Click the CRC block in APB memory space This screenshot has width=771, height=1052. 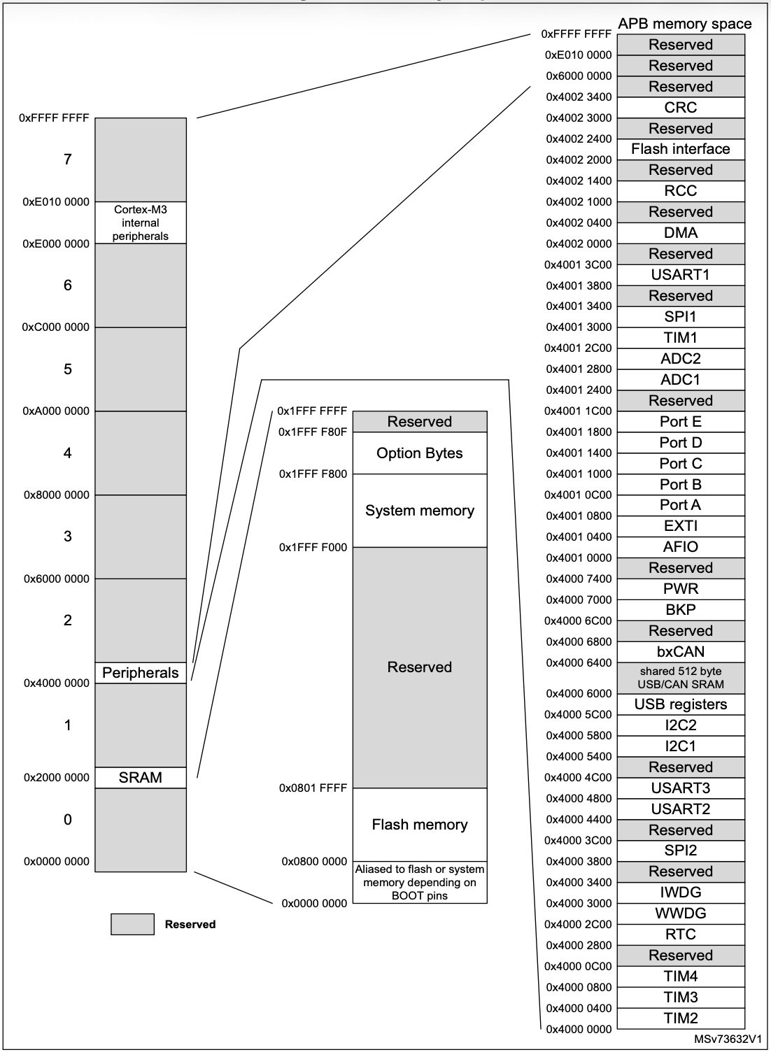[x=680, y=108]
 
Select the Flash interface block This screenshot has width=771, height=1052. [x=680, y=149]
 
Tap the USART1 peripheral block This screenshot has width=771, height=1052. [x=680, y=275]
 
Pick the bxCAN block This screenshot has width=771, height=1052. [x=680, y=652]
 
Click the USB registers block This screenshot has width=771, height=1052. [x=680, y=704]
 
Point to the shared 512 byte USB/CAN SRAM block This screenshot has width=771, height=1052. [x=680, y=678]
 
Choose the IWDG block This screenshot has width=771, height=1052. [x=680, y=893]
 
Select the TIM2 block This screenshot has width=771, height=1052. [x=680, y=1018]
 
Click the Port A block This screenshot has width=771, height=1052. [x=680, y=505]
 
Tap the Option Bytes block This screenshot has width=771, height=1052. [x=419, y=453]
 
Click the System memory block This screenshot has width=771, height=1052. [x=419, y=511]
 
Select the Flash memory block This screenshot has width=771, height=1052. [x=419, y=825]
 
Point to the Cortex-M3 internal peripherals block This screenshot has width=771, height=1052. [x=141, y=222]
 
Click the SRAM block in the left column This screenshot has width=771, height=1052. [x=141, y=778]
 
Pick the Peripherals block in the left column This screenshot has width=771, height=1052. [x=141, y=673]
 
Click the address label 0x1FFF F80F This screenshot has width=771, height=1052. [x=313, y=432]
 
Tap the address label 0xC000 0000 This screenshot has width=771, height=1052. [x=56, y=327]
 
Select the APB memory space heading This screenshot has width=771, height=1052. [x=684, y=24]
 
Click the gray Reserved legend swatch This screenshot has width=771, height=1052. [x=132, y=924]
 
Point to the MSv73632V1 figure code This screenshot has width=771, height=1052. [x=728, y=1039]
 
